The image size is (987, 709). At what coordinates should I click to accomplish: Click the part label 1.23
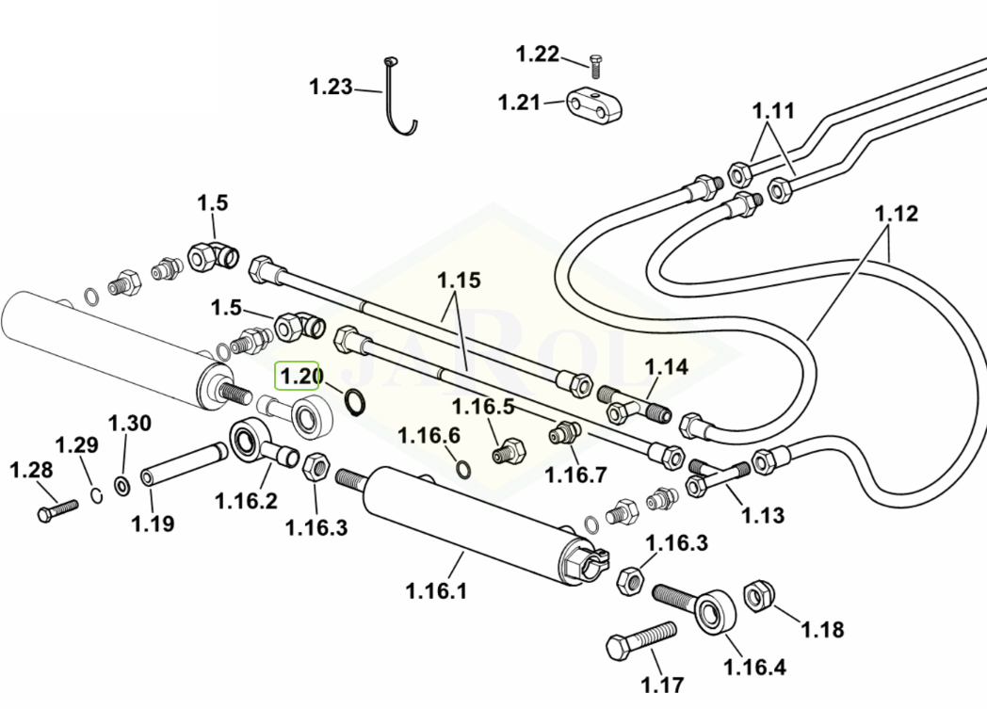[331, 88]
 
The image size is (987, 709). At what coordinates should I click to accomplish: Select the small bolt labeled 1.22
[595, 65]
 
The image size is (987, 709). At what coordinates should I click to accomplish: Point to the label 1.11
[773, 111]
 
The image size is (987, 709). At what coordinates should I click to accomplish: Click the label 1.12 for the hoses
[896, 214]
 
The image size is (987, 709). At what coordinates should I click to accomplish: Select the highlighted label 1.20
[297, 377]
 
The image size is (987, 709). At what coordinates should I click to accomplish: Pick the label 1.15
[459, 281]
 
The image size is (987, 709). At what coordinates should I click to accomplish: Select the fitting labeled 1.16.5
[505, 451]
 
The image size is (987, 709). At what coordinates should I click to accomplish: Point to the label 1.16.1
[436, 591]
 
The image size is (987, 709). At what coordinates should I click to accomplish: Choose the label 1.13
[762, 515]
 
